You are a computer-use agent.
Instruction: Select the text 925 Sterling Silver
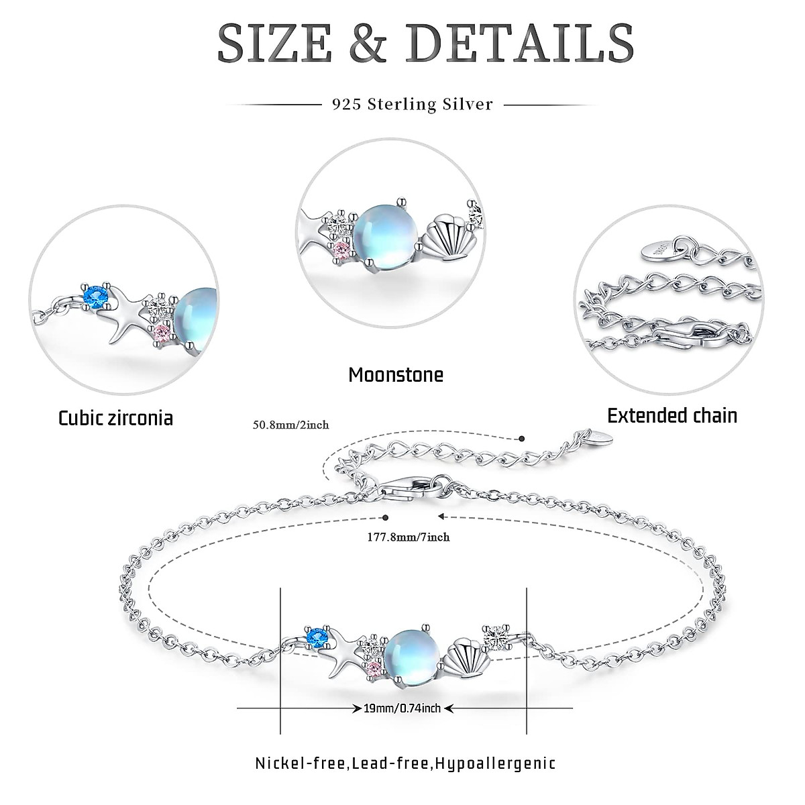(x=413, y=105)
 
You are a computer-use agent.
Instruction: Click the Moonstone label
(x=396, y=374)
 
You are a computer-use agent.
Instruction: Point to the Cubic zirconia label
(x=115, y=418)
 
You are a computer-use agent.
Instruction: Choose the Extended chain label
(x=672, y=415)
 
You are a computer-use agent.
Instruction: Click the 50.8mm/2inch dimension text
(x=290, y=425)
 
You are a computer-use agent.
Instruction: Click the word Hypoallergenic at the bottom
(x=495, y=763)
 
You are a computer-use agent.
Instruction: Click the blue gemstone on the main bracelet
(x=315, y=635)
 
